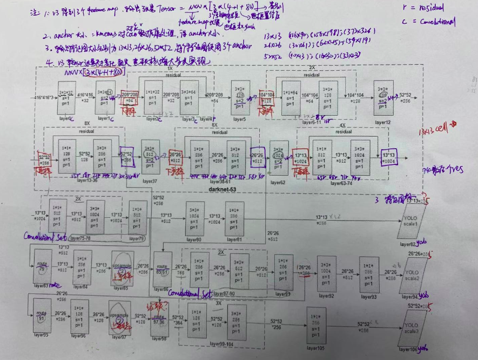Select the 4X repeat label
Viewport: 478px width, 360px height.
coord(341,125)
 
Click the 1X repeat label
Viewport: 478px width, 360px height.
coord(170,69)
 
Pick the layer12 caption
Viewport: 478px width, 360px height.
coord(382,122)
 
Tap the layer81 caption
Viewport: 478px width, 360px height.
coord(234,239)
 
